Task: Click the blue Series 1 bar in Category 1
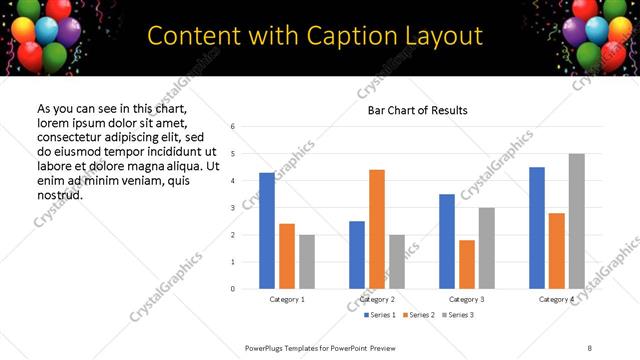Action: [267, 231]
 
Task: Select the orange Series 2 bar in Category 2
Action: [377, 229]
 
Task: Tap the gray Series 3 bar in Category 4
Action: [577, 221]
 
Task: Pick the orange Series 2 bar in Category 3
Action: [467, 264]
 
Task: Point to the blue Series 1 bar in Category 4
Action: [537, 228]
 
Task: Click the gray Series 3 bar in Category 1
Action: [306, 262]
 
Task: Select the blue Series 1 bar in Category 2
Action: [357, 255]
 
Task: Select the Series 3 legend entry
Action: [456, 315]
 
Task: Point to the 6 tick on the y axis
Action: [232, 127]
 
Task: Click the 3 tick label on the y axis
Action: [232, 208]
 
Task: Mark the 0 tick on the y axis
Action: [232, 289]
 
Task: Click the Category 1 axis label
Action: [287, 299]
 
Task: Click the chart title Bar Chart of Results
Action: [411, 110]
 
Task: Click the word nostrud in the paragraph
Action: [59, 194]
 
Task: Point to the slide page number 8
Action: [590, 346]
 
